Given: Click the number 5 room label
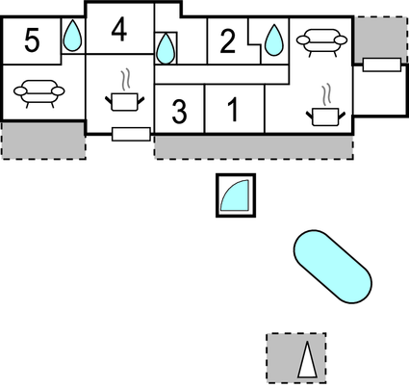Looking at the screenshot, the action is tap(32, 40).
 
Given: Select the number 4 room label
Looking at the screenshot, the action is tap(119, 30).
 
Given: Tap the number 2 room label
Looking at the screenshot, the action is tap(228, 41).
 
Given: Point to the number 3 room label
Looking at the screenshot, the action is tap(179, 112).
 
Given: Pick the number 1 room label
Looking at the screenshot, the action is tap(234, 110).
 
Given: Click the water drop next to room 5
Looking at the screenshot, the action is tap(73, 36).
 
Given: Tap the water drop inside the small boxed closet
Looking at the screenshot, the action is tap(166, 49).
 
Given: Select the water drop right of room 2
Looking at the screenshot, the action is tap(274, 40).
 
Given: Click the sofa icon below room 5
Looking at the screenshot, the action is tap(39, 93).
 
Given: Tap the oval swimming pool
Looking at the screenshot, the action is tap(333, 267).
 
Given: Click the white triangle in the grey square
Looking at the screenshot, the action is tap(307, 360).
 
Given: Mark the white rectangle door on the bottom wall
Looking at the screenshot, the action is tap(131, 134).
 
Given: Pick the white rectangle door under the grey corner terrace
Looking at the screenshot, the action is tap(382, 65).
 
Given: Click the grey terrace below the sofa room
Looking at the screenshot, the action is tap(44, 141).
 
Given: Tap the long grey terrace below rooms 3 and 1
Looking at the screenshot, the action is tap(254, 147).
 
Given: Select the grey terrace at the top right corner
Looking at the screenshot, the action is tap(381, 39).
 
